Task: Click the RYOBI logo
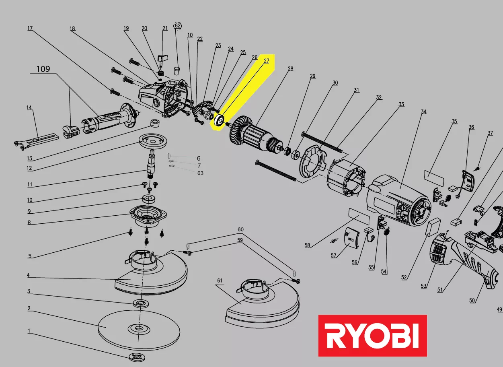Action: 372,336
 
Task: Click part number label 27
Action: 267,61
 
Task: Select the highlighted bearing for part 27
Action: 220,121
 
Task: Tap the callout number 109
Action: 43,69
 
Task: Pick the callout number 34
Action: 423,112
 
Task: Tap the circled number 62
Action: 177,25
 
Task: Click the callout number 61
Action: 220,280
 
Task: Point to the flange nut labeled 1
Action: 137,357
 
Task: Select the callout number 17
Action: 30,29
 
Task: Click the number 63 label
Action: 200,173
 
